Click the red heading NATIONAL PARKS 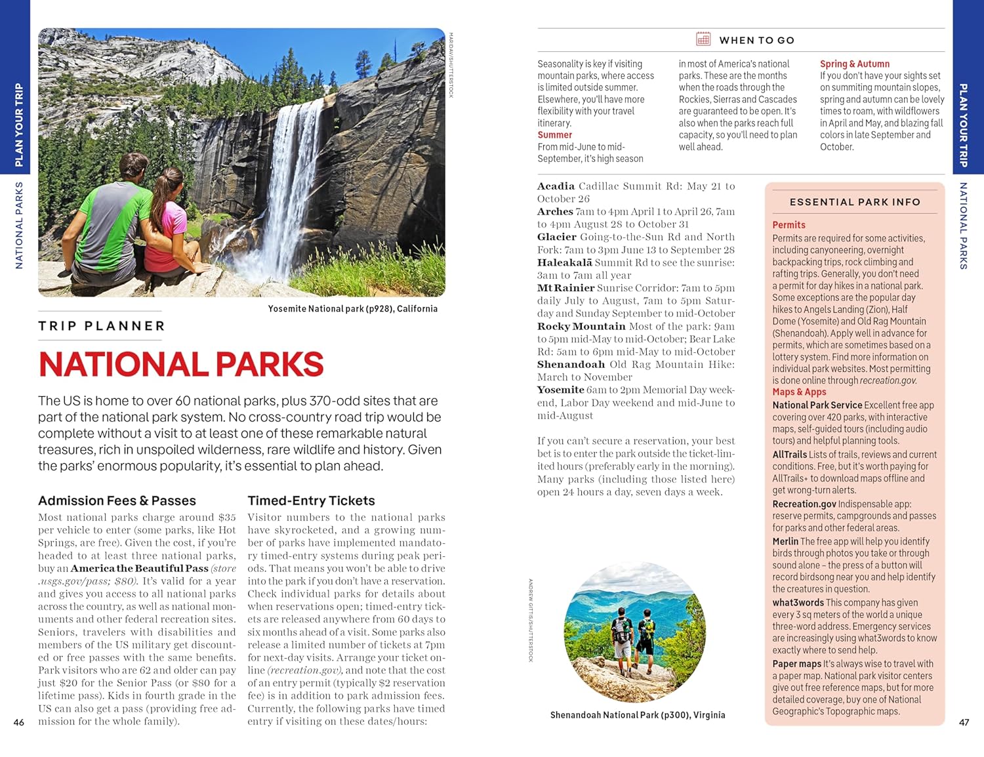coord(181,365)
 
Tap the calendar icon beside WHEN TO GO coord(703,39)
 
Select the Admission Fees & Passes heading coord(117,501)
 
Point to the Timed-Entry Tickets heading coord(311,501)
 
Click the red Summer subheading coord(554,135)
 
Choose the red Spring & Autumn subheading coord(854,64)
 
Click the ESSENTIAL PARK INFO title coord(855,202)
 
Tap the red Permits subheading coord(789,225)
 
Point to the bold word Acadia coord(556,186)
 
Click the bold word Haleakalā coord(564,262)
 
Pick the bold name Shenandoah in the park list coord(571,365)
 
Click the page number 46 coord(19,722)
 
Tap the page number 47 coord(964,722)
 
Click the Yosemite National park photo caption coord(352,309)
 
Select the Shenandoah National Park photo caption coord(638,715)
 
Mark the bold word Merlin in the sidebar coord(785,542)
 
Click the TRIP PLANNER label coord(101,326)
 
